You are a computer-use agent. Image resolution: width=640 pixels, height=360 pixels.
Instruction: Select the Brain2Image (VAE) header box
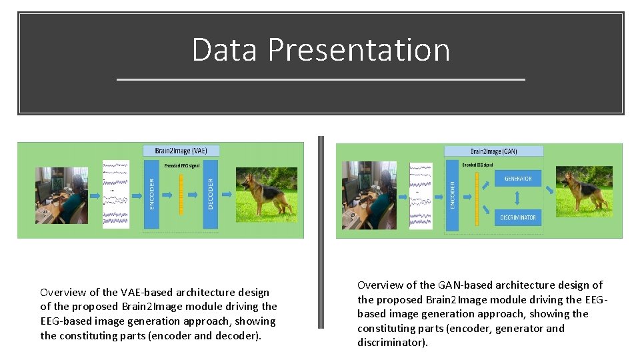(181, 151)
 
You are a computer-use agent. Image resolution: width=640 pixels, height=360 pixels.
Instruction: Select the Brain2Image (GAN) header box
(493, 151)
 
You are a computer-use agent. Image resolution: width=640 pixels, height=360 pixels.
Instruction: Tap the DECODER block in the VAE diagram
(211, 193)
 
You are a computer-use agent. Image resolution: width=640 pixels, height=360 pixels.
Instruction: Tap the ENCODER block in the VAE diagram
(151, 193)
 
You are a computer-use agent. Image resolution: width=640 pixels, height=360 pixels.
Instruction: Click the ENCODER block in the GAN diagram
(452, 197)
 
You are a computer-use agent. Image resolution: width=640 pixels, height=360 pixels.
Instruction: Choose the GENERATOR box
(518, 178)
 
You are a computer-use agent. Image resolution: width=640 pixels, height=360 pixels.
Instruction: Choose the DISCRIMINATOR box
(518, 217)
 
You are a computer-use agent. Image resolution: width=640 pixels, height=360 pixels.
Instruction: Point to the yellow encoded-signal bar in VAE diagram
(181, 193)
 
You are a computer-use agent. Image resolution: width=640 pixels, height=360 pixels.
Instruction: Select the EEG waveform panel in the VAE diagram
(116, 193)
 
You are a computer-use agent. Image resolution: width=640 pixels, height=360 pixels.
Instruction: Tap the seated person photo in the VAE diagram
(61, 195)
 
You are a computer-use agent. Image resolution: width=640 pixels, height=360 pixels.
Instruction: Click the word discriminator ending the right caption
(391, 343)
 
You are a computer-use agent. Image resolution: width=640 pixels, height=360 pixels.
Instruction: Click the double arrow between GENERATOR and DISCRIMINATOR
(518, 198)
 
